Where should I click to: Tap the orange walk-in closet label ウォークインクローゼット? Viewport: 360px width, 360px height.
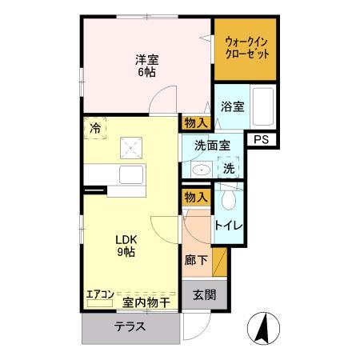[246, 46]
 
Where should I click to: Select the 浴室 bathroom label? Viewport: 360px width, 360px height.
[232, 106]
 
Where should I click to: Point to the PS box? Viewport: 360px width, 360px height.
[260, 139]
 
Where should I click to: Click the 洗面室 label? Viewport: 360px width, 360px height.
[212, 145]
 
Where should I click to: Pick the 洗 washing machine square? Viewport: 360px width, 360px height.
[228, 169]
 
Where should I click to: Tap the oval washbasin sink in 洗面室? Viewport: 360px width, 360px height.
[202, 169]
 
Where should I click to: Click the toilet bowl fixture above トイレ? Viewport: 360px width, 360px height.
[230, 198]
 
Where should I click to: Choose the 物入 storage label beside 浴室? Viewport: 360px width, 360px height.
[196, 122]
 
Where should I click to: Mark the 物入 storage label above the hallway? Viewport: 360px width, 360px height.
[196, 197]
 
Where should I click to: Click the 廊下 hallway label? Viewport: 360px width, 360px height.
[196, 261]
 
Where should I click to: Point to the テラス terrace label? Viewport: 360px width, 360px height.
[129, 326]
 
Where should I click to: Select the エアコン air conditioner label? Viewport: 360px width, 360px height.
[101, 294]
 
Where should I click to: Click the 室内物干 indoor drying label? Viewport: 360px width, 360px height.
[146, 301]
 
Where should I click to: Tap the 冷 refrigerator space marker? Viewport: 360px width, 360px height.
[95, 127]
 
